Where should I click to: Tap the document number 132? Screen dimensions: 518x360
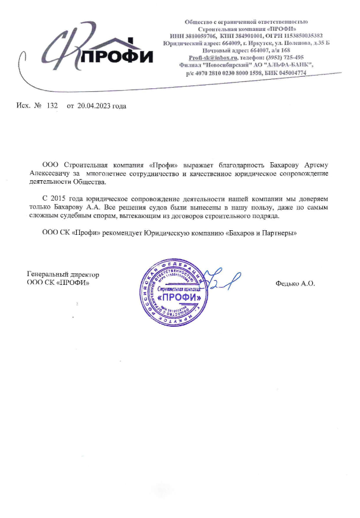(x=52, y=106)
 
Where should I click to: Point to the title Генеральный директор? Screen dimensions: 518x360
(x=63, y=274)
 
